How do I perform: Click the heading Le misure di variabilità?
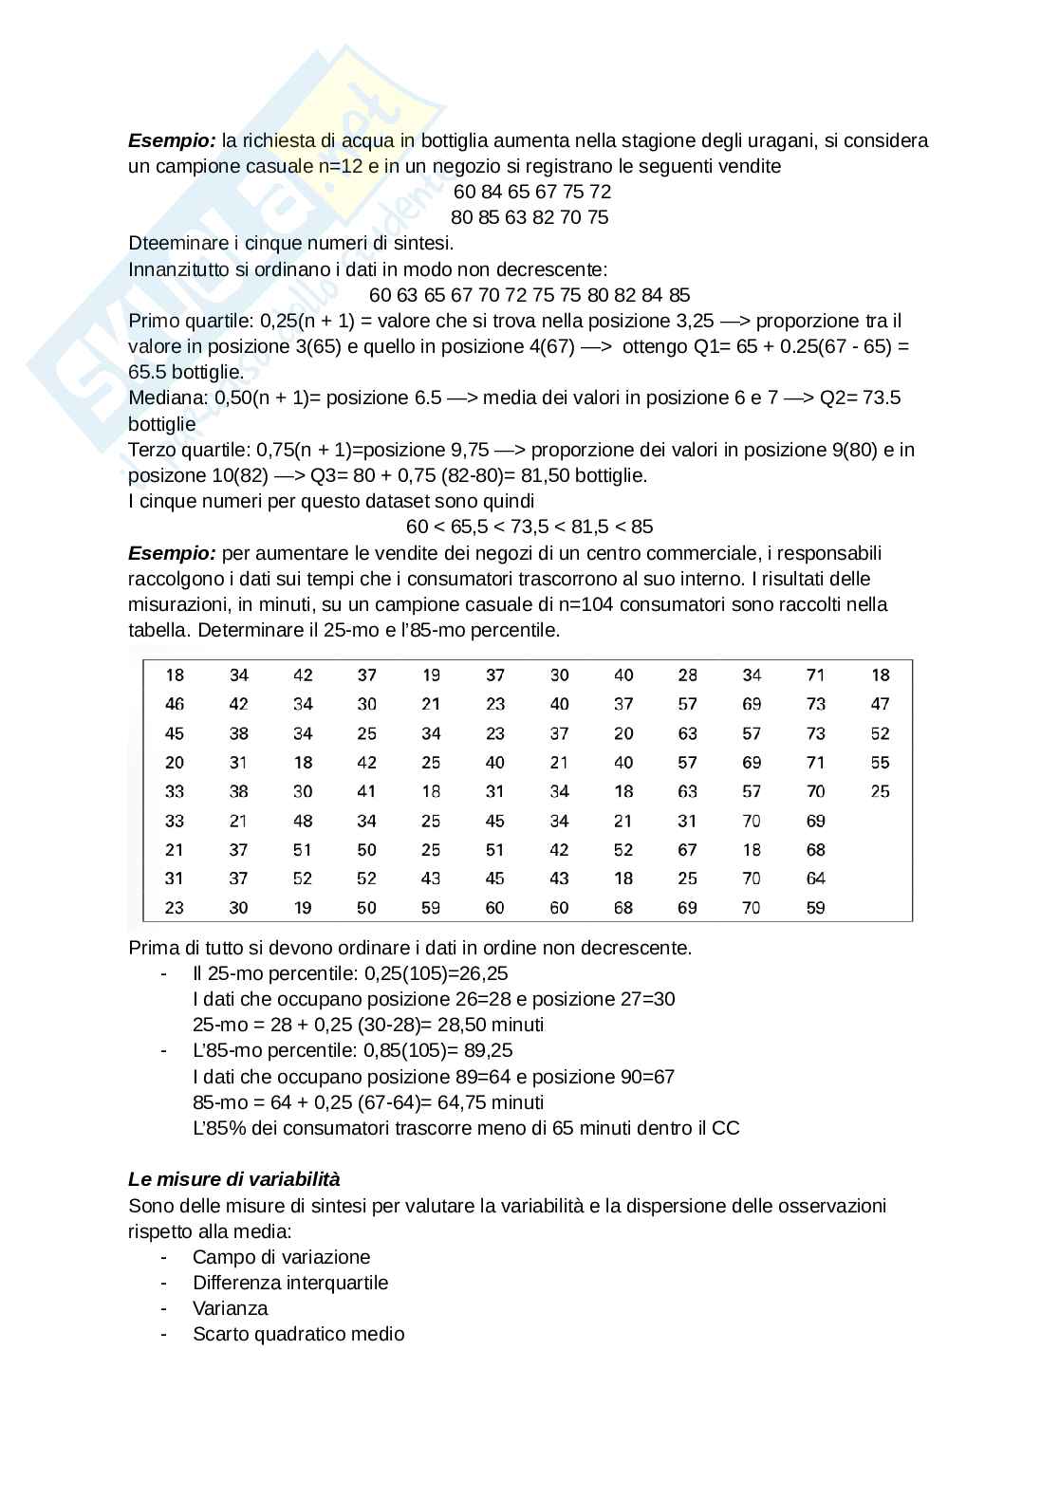click(233, 1179)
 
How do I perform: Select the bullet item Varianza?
click(230, 1308)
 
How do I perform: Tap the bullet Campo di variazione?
click(281, 1257)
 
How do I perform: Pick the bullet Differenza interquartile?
click(289, 1283)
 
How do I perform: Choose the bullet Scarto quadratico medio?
click(298, 1334)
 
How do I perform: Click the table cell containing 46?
click(175, 704)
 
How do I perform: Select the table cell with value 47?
click(880, 704)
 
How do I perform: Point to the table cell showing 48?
click(303, 821)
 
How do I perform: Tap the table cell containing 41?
click(366, 791)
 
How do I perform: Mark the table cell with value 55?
click(880, 762)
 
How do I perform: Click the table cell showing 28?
click(687, 675)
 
